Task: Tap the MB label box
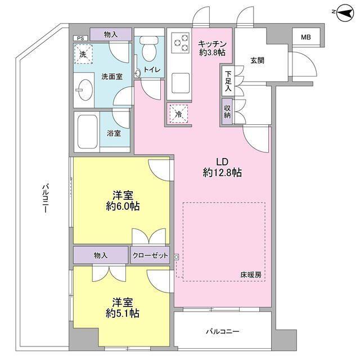[x=305, y=38]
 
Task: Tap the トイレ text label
[x=152, y=70]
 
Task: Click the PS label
[x=80, y=38]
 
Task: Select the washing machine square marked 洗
[x=83, y=55]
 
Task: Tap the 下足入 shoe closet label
[x=227, y=80]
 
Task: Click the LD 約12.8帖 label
[x=222, y=167]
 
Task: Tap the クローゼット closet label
[x=151, y=256]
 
